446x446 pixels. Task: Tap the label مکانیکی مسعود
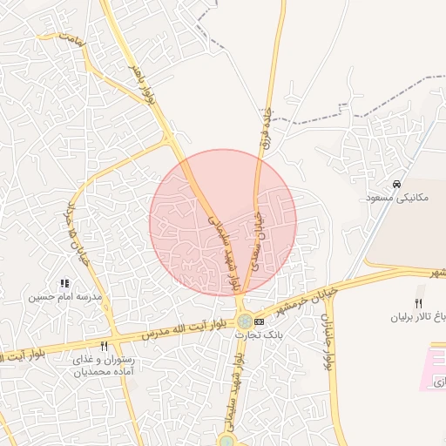pos(400,199)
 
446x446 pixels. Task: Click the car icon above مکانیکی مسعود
pos(397,185)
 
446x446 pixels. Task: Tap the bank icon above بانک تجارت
pos(259,323)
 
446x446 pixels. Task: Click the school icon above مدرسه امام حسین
pos(64,283)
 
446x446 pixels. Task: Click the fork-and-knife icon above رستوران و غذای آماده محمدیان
pos(104,346)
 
